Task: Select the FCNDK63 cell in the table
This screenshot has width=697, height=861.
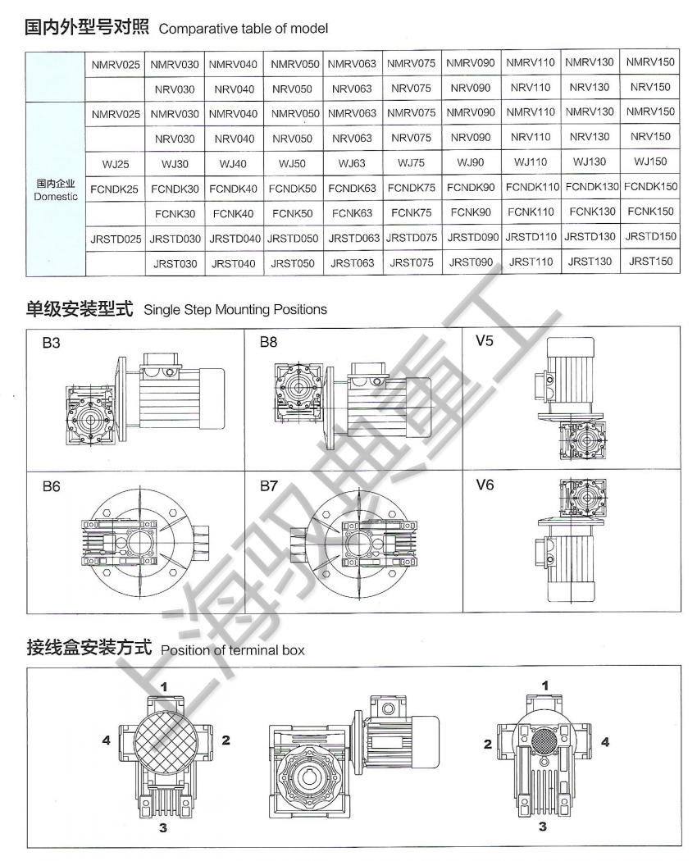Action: click(352, 189)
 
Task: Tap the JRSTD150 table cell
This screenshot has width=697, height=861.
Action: click(651, 237)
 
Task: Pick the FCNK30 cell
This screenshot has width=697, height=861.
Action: click(175, 213)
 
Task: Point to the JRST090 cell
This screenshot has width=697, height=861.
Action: click(470, 262)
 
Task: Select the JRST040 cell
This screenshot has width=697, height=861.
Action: click(234, 263)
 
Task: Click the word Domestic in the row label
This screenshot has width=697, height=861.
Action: click(56, 197)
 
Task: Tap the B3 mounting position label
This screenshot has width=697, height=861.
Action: click(52, 343)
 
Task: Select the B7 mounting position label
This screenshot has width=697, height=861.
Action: click(269, 486)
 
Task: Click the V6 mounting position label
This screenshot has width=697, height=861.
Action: click(485, 485)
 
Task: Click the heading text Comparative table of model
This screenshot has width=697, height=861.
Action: click(244, 29)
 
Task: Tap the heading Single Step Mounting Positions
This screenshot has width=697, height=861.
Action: click(235, 310)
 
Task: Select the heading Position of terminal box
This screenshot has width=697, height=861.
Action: click(232, 650)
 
